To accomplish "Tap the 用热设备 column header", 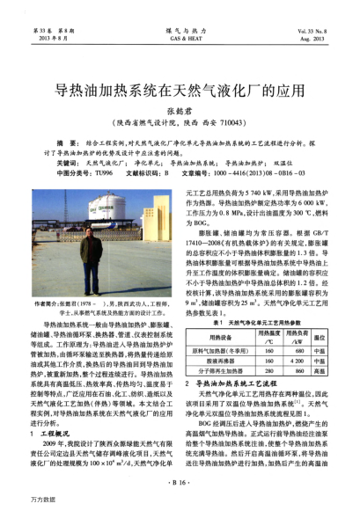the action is pos(220,336).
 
